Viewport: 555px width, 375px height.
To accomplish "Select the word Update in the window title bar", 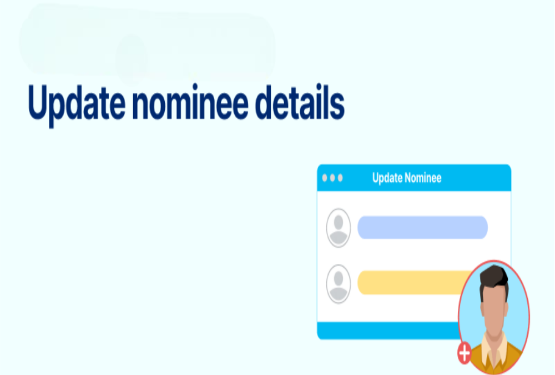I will click(386, 178).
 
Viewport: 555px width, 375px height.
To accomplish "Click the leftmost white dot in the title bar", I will click(325, 178).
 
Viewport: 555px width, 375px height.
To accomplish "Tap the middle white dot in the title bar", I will click(332, 178).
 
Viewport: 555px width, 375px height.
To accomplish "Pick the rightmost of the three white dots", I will click(340, 178).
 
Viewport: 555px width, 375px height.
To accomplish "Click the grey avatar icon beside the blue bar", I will click(339, 228).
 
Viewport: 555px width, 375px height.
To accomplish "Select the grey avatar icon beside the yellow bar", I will click(339, 283).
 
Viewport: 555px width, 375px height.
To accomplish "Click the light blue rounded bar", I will click(422, 228).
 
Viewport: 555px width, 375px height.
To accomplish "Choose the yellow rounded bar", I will click(411, 283).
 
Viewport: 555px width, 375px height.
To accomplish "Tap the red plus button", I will click(464, 353).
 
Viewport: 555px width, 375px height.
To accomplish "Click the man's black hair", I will click(493, 276).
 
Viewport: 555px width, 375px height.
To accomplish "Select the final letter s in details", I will click(336, 106).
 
